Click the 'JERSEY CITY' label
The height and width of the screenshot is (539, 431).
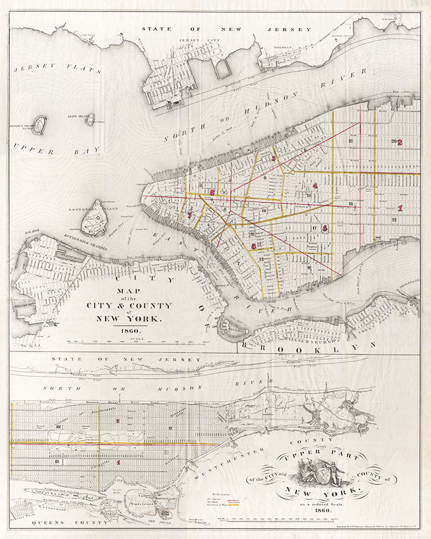[x=196, y=40]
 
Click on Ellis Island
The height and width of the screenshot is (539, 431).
[x=89, y=119]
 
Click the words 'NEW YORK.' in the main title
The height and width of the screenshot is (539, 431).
[x=129, y=318]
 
